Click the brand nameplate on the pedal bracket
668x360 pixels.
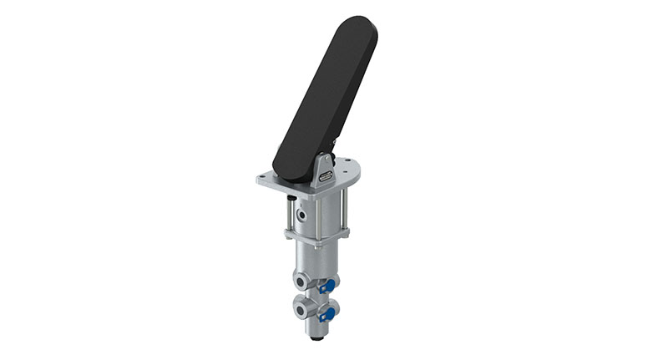point(325,175)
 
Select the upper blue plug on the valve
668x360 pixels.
point(329,286)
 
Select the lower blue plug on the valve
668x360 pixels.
point(328,314)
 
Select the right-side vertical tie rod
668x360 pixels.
point(342,209)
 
